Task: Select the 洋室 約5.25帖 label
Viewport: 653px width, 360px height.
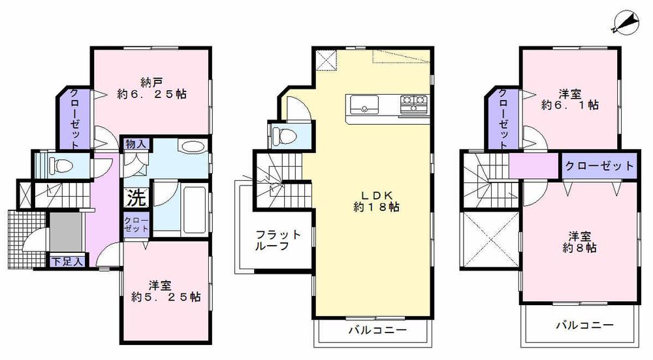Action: (165, 290)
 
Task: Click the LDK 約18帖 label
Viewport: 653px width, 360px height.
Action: (373, 199)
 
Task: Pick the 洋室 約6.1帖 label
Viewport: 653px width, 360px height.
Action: (571, 98)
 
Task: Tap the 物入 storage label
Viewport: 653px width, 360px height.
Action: (135, 144)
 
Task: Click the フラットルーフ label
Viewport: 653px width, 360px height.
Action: (278, 240)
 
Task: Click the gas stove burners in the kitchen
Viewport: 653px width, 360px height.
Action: (413, 103)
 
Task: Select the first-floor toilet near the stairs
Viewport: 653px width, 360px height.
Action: (56, 165)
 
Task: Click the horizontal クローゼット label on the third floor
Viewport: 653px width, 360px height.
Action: (598, 165)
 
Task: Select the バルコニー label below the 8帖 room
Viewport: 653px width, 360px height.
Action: (584, 324)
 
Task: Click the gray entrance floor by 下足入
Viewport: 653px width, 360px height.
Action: (63, 231)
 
